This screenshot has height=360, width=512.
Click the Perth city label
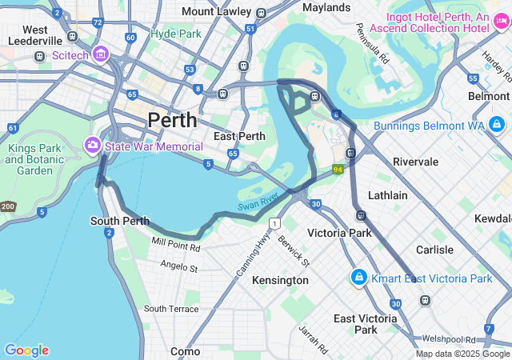[x=171, y=121]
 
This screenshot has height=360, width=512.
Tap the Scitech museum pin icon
[x=100, y=54]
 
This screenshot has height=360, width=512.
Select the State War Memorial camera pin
[x=93, y=145]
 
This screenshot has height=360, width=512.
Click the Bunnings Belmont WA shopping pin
[x=497, y=124]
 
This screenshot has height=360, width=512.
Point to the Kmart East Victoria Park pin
[x=358, y=277]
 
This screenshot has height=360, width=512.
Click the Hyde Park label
[x=176, y=34]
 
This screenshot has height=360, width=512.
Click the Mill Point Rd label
[x=175, y=243]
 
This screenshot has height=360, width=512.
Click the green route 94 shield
[x=338, y=170]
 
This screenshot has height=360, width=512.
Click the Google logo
[x=26, y=350]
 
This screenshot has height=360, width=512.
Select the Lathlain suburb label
[x=387, y=195]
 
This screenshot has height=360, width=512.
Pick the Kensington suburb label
[x=280, y=280]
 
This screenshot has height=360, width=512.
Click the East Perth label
[x=234, y=136]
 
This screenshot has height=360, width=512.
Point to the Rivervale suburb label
[x=415, y=162]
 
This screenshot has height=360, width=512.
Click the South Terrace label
[x=171, y=308]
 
